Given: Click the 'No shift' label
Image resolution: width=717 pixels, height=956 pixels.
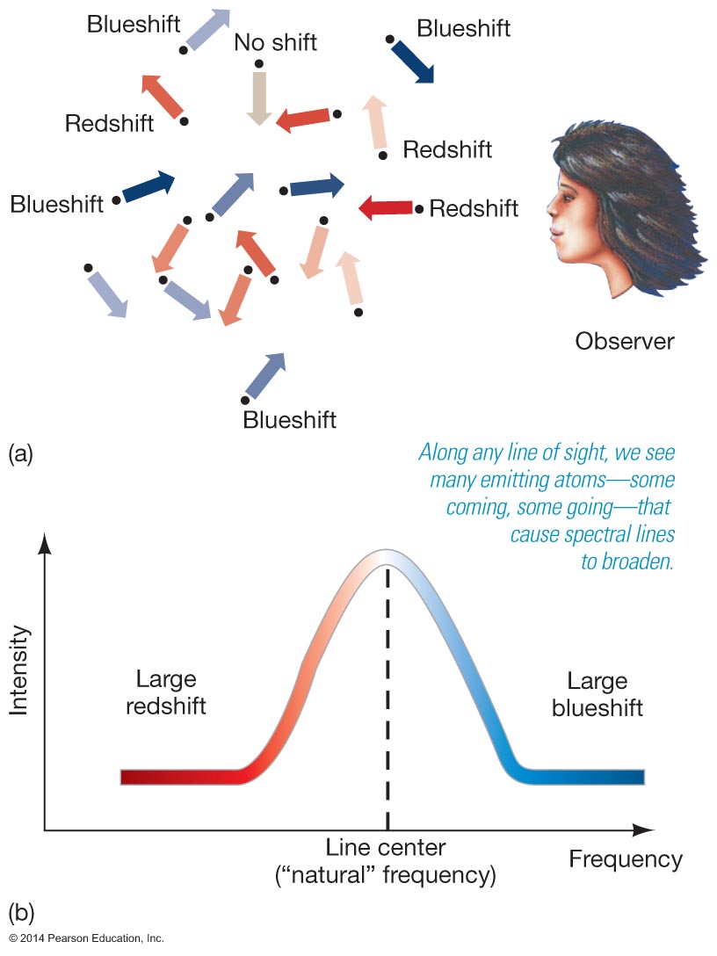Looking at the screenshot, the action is coord(276,43).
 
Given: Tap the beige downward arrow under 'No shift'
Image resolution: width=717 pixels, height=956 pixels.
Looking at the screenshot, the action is coord(259,98).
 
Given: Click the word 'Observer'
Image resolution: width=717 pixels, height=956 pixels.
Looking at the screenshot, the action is coord(625,342).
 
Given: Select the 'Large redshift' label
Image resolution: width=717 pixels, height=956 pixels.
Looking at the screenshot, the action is coord(166,692).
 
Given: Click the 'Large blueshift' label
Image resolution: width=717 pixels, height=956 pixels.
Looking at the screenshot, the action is coord(597,694).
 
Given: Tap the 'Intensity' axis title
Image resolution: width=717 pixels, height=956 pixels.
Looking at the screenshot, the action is coord(19,670).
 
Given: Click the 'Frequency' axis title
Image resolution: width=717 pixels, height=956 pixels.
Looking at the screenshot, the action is coord(626,859).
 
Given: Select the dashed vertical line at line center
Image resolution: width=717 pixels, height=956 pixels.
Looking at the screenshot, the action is coord(387,697).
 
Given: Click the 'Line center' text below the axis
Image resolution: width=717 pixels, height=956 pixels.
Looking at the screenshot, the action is coord(386,847).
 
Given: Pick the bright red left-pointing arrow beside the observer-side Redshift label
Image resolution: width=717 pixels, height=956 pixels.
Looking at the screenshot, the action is coord(386,208).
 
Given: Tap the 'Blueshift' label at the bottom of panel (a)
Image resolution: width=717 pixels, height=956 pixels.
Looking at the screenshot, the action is coord(290,420).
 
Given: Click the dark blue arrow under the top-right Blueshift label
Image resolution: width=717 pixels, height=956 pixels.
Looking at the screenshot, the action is coord(413,62).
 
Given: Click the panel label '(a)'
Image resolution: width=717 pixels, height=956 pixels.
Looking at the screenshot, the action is coord(20,454).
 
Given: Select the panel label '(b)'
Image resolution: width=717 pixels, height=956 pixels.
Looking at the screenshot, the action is coord(21,913).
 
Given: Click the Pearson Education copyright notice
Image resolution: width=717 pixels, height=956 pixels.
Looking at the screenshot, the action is coord(87,938).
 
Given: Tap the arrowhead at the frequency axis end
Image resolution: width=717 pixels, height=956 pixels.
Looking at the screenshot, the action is coord(644,829).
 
